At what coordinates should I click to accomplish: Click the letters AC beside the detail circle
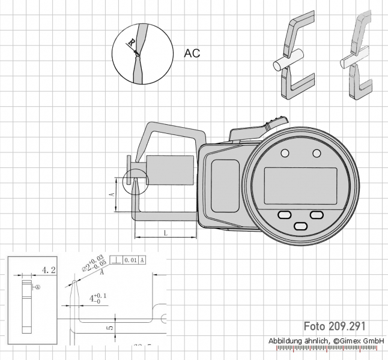click(192, 53)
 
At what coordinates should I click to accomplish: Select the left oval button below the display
click(284, 215)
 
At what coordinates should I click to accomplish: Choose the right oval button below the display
click(316, 215)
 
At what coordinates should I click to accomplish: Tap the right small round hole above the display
click(317, 154)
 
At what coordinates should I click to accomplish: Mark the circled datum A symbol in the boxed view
click(37, 287)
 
